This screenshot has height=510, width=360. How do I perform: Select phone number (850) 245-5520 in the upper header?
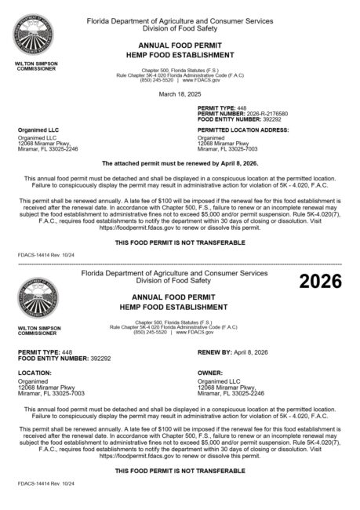pos(157,80)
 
